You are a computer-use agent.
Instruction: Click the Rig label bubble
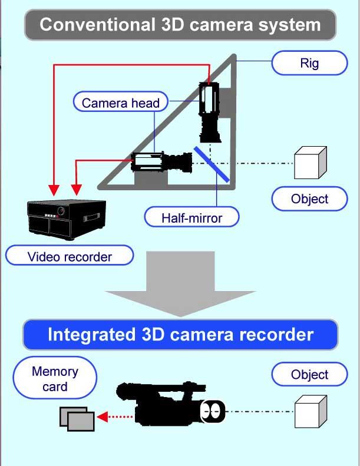(x=309, y=63)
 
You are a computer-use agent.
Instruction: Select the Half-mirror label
(x=191, y=217)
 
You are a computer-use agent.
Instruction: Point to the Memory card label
(x=55, y=378)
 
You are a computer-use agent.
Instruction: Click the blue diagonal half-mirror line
(x=212, y=164)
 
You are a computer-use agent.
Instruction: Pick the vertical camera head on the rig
(x=210, y=112)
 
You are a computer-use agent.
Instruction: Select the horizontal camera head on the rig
(x=161, y=162)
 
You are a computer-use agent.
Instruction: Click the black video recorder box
(x=67, y=220)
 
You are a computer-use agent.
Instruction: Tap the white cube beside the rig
(x=311, y=163)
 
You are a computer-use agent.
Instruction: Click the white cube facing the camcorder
(x=311, y=412)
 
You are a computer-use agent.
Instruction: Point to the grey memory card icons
(x=77, y=419)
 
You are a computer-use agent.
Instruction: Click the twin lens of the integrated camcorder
(x=213, y=412)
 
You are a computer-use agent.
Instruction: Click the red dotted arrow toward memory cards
(x=115, y=417)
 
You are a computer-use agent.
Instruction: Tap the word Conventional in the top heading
(x=97, y=24)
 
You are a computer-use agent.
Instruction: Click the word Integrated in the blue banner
(x=92, y=335)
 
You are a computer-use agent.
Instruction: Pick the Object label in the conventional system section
(x=309, y=199)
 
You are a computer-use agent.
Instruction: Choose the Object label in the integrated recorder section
(x=309, y=374)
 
